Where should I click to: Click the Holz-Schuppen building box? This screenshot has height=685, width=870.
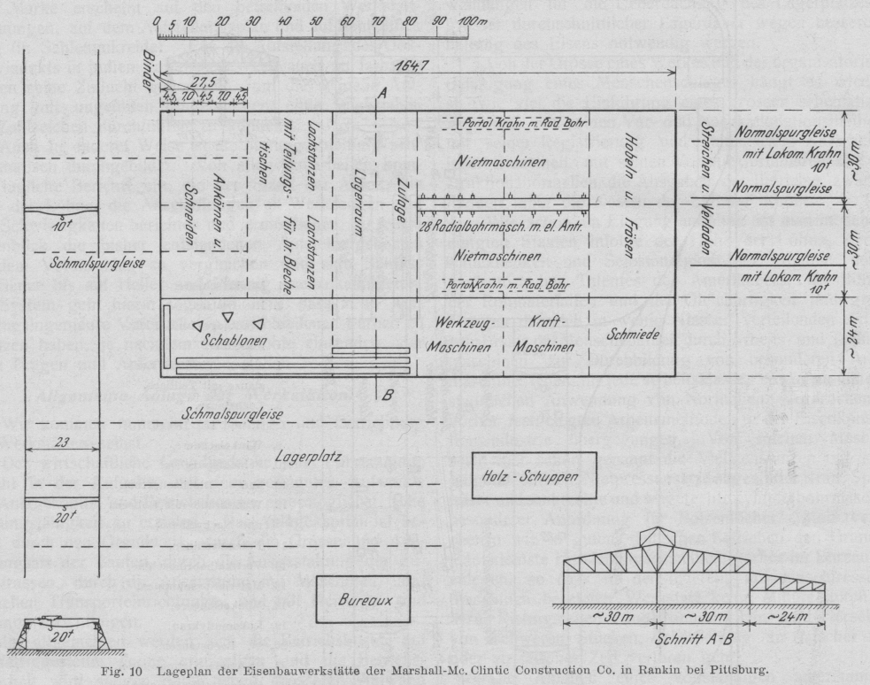pyautogui.click(x=538, y=477)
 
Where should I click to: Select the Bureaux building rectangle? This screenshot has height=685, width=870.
pyautogui.click(x=365, y=600)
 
